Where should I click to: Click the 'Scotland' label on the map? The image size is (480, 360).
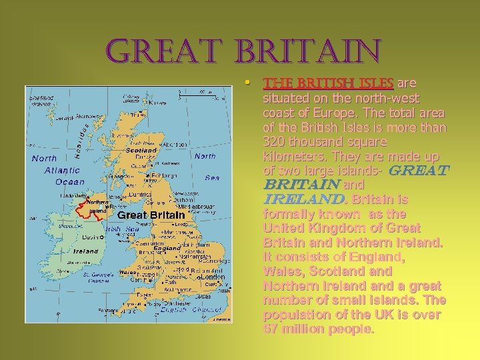pos(141,151)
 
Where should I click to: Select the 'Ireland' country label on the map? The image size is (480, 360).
pos(86,251)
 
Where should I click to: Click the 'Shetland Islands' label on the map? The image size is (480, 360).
pos(41,101)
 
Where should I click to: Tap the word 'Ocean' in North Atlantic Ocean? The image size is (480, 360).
pos(70,181)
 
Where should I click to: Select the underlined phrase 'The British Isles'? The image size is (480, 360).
pos(328,84)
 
